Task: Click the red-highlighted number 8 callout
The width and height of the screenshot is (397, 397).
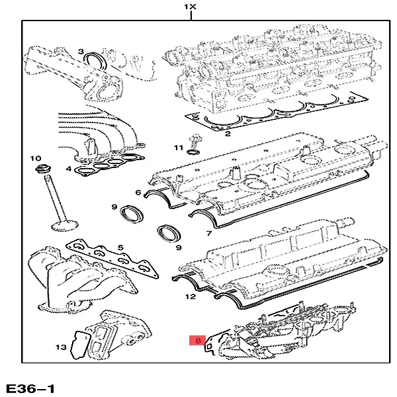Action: point(197,341)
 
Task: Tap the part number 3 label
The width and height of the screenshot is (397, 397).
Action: point(80,52)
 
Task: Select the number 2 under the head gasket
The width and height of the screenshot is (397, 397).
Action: point(227,134)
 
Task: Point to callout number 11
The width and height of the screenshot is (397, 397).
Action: point(178,147)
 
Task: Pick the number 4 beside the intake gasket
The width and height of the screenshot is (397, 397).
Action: point(69,169)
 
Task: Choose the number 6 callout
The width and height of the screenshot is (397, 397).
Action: point(138,193)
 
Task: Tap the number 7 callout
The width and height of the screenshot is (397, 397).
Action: point(208,234)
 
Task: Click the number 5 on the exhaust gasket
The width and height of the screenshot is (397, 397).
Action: point(120,248)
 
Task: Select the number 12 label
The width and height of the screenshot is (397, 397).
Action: point(191,297)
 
